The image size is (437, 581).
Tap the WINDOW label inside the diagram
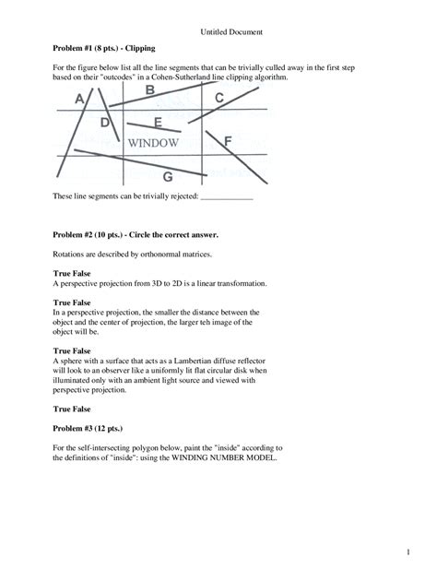(x=153, y=143)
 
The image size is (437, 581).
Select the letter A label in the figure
(x=80, y=97)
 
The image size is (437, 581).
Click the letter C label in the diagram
(x=218, y=98)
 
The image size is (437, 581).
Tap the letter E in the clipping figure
(x=159, y=122)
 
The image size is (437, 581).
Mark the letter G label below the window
(x=167, y=176)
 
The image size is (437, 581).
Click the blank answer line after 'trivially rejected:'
(x=226, y=197)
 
